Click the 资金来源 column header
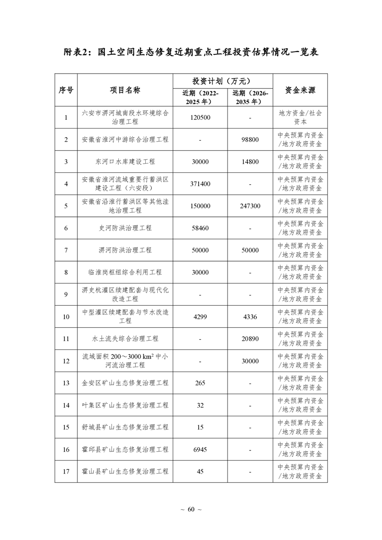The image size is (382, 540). (x=300, y=90)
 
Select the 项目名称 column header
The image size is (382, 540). (x=125, y=90)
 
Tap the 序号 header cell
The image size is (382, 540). (x=66, y=90)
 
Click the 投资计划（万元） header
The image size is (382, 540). (x=222, y=80)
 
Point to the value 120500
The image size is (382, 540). (x=200, y=117)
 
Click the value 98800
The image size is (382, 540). (x=250, y=140)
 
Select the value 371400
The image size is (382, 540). (x=200, y=184)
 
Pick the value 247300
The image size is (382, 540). (x=250, y=206)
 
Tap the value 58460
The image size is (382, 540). (x=200, y=228)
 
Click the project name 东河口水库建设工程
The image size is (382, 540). (x=125, y=162)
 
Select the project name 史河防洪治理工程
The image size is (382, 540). (x=125, y=228)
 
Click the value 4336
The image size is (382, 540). (x=250, y=317)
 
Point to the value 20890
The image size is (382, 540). (x=250, y=339)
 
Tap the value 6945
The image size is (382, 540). (x=200, y=450)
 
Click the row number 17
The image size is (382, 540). (x=66, y=472)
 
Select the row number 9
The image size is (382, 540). (x=66, y=295)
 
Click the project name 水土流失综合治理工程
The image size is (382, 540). (x=125, y=339)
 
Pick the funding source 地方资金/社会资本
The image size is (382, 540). (x=300, y=117)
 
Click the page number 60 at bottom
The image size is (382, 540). (x=191, y=510)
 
